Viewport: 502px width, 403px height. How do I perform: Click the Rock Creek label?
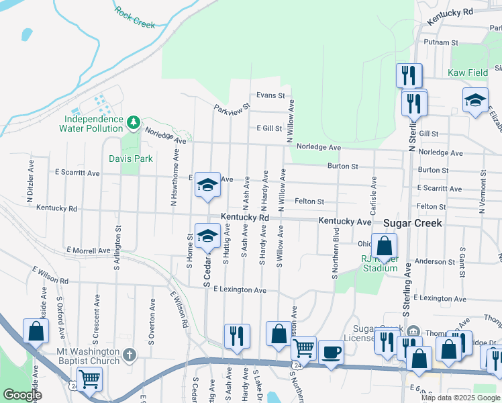[x=134, y=18]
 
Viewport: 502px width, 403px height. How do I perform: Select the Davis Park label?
[x=131, y=159]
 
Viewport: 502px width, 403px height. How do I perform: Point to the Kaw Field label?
[x=468, y=72]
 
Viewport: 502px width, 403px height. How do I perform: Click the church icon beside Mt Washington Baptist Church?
[x=130, y=355]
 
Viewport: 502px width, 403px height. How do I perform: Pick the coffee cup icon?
[x=330, y=352]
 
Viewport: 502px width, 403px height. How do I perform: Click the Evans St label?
[x=270, y=95]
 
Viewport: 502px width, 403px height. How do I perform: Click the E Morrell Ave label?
[x=89, y=251]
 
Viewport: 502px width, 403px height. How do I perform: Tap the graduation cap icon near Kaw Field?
[x=475, y=99]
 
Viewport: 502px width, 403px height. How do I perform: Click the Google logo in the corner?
[x=21, y=395]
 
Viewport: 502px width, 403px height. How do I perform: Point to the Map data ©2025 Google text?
[x=459, y=398]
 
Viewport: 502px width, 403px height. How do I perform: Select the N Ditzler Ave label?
[x=30, y=190]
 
